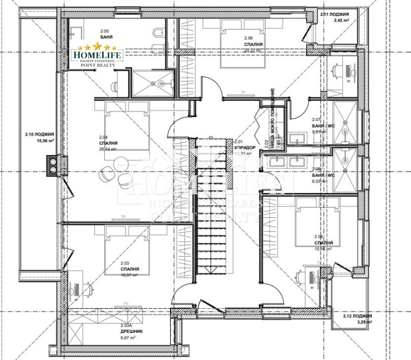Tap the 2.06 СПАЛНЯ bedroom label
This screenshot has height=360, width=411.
(251, 41)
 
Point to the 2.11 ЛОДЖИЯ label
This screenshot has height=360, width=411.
(333, 15)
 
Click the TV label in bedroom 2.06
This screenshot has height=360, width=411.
(244, 92)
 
